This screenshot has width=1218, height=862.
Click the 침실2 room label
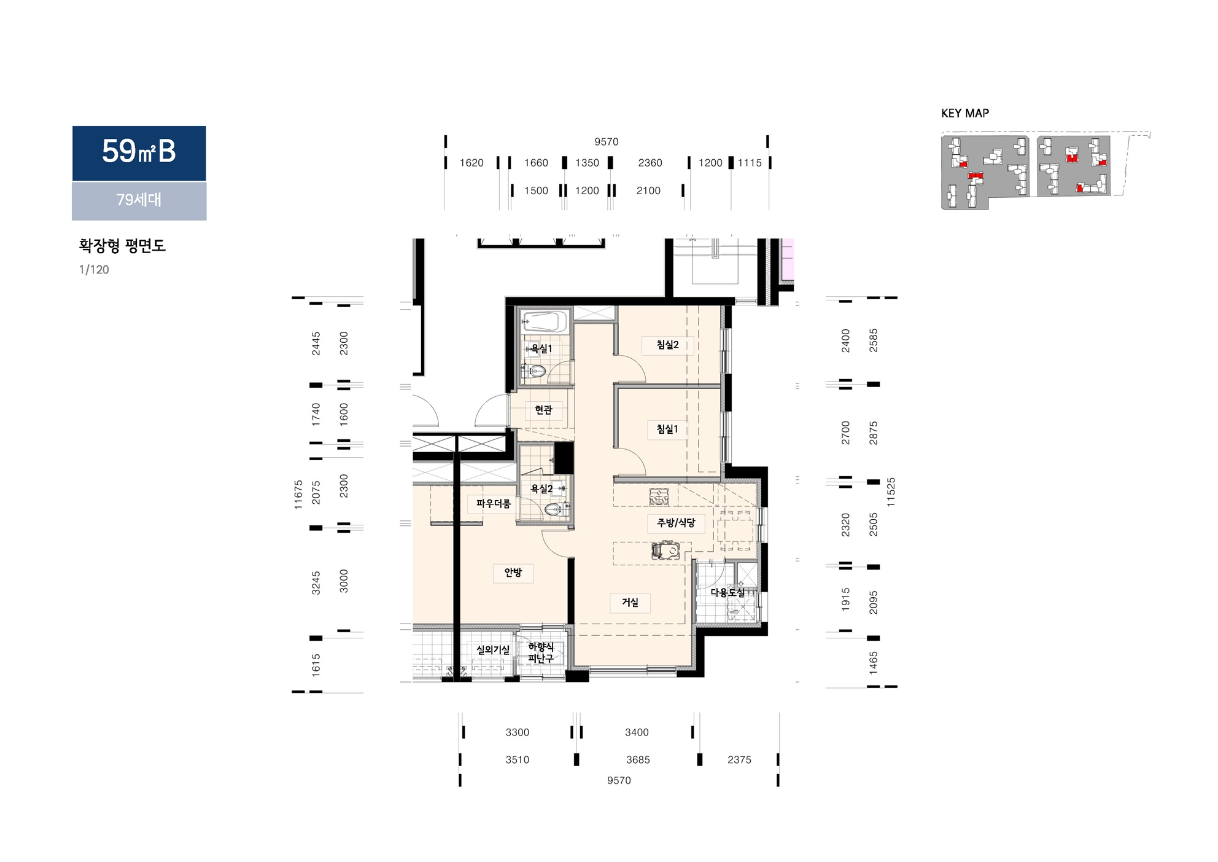pyautogui.click(x=667, y=345)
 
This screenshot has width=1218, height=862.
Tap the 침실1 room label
pyautogui.click(x=667, y=429)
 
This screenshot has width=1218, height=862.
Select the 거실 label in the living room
pyautogui.click(x=630, y=602)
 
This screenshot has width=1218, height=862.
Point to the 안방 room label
pyautogui.click(x=513, y=572)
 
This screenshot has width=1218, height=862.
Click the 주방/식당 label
pyautogui.click(x=676, y=523)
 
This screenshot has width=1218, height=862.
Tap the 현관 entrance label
pyautogui.click(x=543, y=409)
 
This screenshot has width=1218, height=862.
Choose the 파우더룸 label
pyautogui.click(x=493, y=504)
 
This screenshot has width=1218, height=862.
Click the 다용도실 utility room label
pyautogui.click(x=727, y=593)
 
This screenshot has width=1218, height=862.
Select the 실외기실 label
pyautogui.click(x=493, y=649)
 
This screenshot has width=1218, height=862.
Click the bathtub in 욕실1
pyautogui.click(x=544, y=322)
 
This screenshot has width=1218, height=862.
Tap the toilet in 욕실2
pyautogui.click(x=555, y=509)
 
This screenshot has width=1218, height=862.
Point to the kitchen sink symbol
pyautogui.click(x=665, y=551)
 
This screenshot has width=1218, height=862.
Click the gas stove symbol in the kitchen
pyautogui.click(x=659, y=496)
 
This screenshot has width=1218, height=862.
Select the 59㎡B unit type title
pyautogui.click(x=139, y=151)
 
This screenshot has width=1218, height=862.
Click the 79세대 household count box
pyautogui.click(x=139, y=201)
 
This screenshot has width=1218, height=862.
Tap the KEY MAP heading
pyautogui.click(x=965, y=113)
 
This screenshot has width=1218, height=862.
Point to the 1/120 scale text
pyautogui.click(x=94, y=270)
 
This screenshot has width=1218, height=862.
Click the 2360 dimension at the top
pyautogui.click(x=650, y=163)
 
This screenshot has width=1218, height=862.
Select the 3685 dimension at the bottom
pyautogui.click(x=638, y=760)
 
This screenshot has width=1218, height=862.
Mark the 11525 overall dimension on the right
pyautogui.click(x=891, y=492)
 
